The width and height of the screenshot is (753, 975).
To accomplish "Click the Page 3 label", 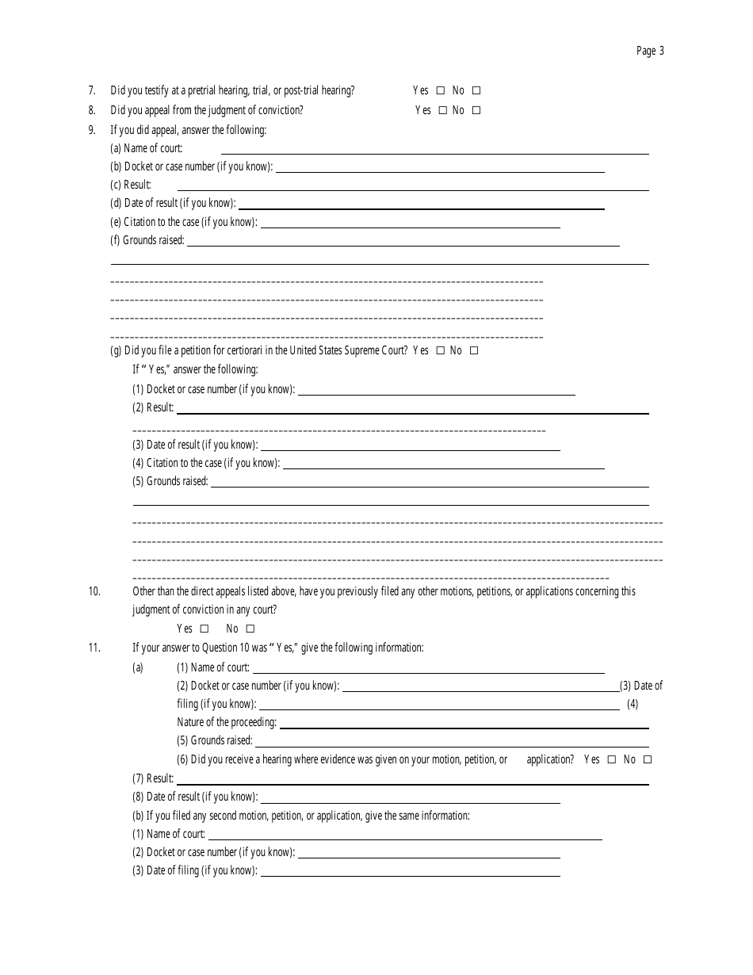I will click(650, 51).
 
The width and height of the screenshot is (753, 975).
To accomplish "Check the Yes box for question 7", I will click(441, 91).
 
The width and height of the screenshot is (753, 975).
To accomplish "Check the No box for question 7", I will click(476, 91).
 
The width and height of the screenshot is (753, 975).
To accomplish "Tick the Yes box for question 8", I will click(443, 111).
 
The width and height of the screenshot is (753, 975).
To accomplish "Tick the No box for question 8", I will click(476, 111).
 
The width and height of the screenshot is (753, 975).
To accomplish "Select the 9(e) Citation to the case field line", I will click(410, 224).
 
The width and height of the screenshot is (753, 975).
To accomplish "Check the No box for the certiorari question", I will click(474, 350).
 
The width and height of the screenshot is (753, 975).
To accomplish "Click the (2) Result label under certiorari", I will click(152, 407).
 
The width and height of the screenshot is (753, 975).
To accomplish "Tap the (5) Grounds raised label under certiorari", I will click(170, 481).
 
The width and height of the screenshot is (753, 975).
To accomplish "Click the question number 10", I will click(94, 591).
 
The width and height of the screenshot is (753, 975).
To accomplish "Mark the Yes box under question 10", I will click(204, 629).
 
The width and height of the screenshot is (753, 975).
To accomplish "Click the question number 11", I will click(94, 648).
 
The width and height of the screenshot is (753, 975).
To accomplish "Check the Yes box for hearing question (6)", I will click(611, 759).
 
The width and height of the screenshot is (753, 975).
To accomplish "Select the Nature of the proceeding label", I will click(227, 722).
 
